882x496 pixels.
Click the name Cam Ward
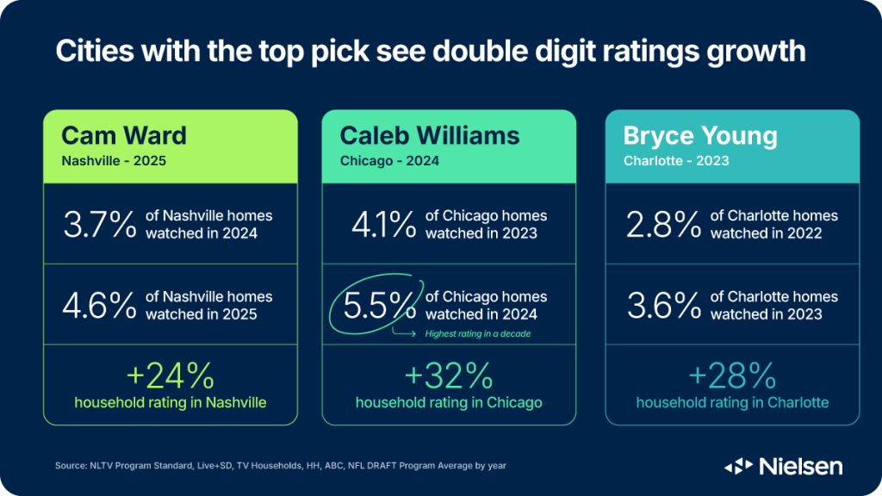point(124,135)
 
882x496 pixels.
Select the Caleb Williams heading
point(430,135)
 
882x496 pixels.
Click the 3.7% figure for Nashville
point(99,225)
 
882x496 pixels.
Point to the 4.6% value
point(99,306)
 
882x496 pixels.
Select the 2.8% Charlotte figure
point(662,225)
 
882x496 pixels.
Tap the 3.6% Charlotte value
point(662,306)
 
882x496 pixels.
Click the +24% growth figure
point(171,375)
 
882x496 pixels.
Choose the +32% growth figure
point(449,375)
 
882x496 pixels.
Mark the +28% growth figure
point(732,375)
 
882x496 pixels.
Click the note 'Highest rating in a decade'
point(476,333)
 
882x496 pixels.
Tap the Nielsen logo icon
point(737,467)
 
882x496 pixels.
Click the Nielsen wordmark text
point(801,467)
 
